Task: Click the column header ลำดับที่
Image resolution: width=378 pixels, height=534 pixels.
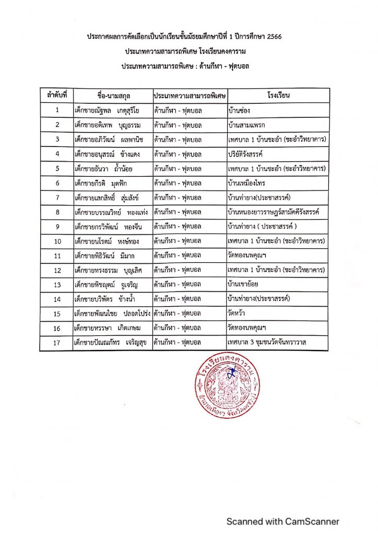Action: coord(56,96)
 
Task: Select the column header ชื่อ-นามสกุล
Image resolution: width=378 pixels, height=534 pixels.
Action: coord(113,96)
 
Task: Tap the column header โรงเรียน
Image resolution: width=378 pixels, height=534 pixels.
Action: coord(278,96)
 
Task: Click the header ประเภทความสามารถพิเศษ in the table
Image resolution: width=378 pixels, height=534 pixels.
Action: coord(190,96)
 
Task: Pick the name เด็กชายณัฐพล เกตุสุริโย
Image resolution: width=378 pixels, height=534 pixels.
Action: coord(107,110)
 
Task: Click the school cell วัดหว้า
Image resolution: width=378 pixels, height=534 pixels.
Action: coord(239,314)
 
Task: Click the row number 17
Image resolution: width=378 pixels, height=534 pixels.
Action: coord(56,343)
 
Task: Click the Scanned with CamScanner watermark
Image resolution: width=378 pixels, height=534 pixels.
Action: coord(282,521)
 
